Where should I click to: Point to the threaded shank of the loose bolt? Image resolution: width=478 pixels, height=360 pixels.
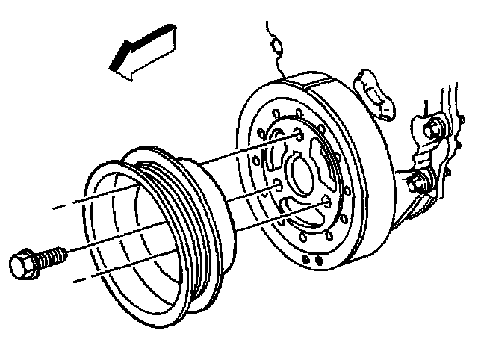[x=52, y=256]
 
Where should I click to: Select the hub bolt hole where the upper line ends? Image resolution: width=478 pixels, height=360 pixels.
[x=297, y=135]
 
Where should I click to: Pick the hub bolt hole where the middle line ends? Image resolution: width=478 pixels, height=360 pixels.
[x=277, y=185]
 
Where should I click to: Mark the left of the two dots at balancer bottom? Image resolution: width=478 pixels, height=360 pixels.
[x=305, y=258]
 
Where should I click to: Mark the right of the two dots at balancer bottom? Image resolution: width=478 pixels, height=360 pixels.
[x=318, y=261]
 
